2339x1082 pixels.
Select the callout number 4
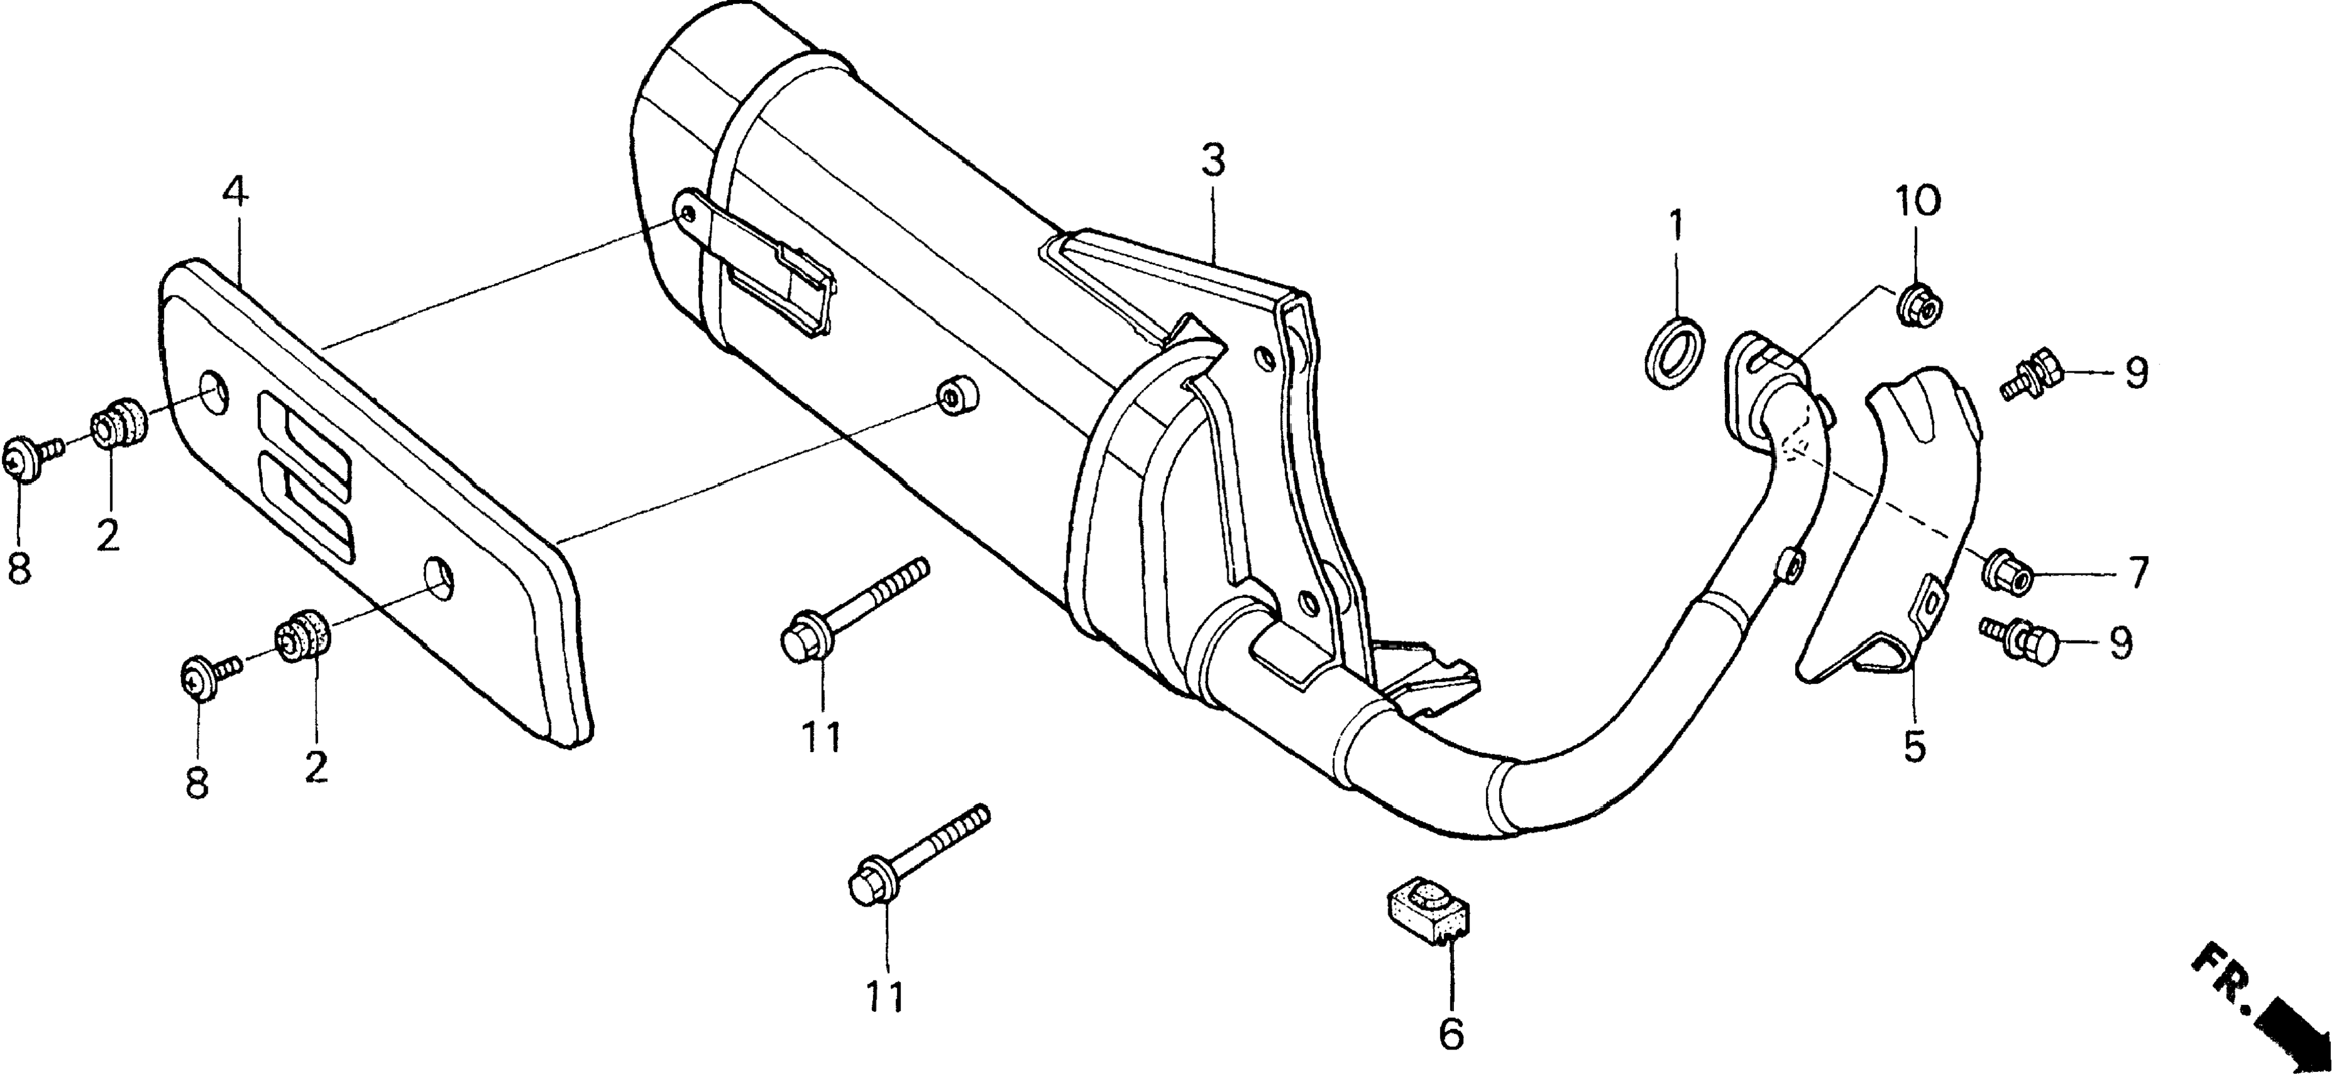[234, 194]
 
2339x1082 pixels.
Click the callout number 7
[2137, 574]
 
